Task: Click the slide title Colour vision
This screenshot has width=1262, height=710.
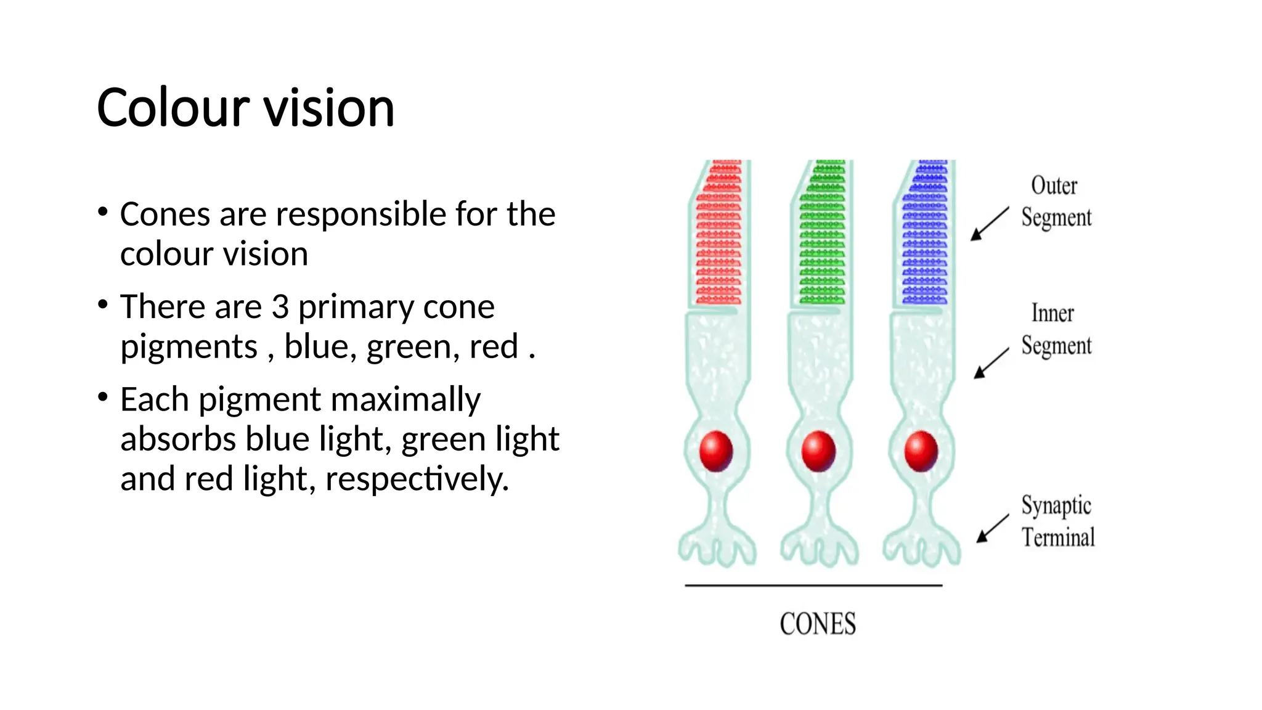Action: point(245,108)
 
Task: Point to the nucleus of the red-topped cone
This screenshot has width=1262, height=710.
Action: point(716,451)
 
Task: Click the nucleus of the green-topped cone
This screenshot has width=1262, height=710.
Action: point(818,451)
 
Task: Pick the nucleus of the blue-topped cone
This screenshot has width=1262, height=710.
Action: point(921,451)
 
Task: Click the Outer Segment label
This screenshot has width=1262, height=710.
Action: point(1056,202)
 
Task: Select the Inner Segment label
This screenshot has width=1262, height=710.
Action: point(1056,330)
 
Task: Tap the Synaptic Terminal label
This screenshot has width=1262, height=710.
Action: point(1057,521)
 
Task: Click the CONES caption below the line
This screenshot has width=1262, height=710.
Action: point(818,624)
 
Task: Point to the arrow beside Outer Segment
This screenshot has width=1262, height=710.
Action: point(989,224)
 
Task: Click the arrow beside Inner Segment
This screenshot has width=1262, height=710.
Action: point(991,363)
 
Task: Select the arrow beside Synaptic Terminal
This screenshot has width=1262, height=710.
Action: point(992,529)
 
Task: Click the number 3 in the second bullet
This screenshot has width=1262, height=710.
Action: point(280,306)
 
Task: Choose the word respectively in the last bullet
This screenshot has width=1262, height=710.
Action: point(417,479)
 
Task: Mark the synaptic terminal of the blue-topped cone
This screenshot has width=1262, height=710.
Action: point(921,545)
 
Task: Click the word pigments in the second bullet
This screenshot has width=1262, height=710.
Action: point(189,346)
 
